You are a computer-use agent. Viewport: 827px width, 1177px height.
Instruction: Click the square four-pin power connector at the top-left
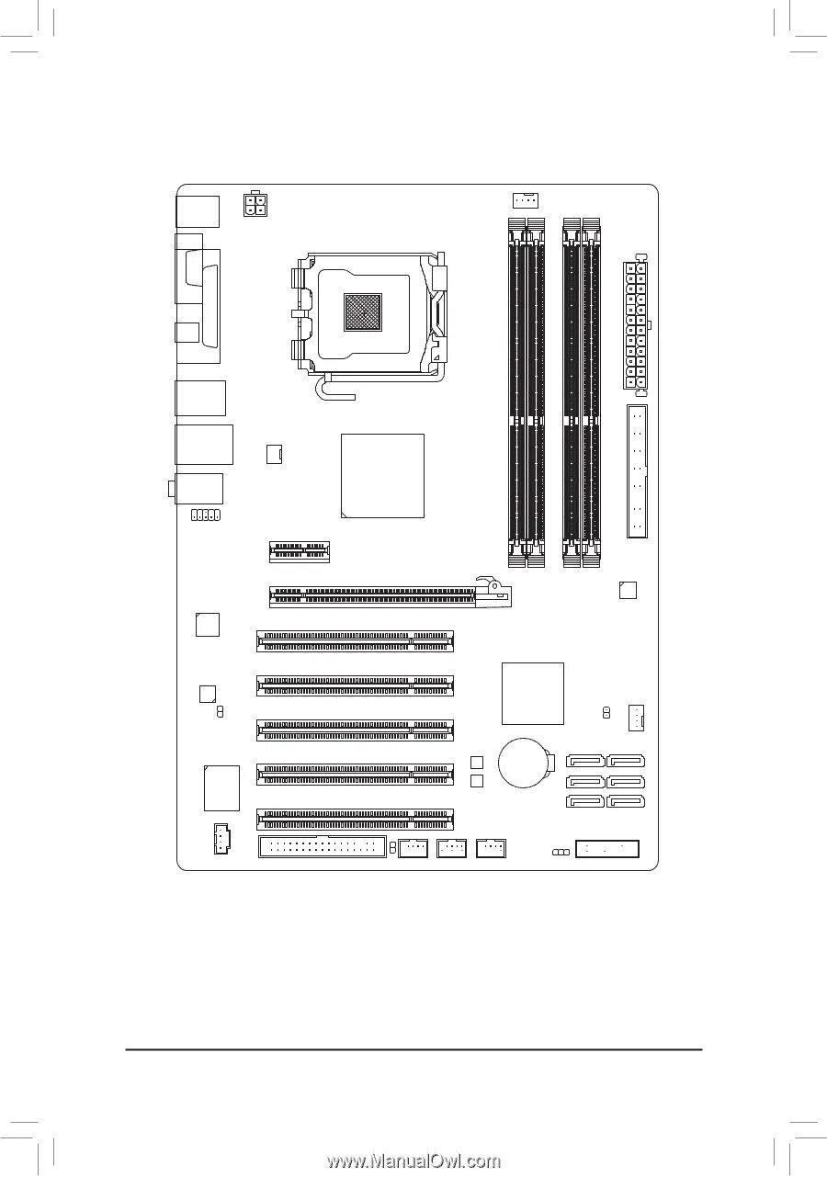255,203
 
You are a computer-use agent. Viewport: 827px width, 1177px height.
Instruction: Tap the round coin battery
524,763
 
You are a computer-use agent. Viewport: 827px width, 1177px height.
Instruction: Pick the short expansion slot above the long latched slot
300,550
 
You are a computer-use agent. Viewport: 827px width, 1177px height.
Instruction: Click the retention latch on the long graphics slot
493,587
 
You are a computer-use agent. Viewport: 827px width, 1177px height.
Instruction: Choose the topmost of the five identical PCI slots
356,640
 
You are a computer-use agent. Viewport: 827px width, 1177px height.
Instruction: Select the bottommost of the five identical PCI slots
356,819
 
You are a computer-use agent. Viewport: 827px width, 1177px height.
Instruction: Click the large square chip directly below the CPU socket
382,475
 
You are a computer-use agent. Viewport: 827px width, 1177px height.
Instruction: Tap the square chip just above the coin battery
533,693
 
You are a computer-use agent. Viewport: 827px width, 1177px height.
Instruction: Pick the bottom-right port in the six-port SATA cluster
627,801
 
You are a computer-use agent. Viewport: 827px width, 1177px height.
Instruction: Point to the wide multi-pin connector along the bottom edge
323,846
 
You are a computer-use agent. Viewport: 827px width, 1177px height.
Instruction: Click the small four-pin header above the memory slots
525,199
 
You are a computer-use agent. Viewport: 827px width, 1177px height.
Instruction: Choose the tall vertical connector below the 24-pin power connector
637,470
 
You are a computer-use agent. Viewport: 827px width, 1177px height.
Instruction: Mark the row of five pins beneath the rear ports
205,515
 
